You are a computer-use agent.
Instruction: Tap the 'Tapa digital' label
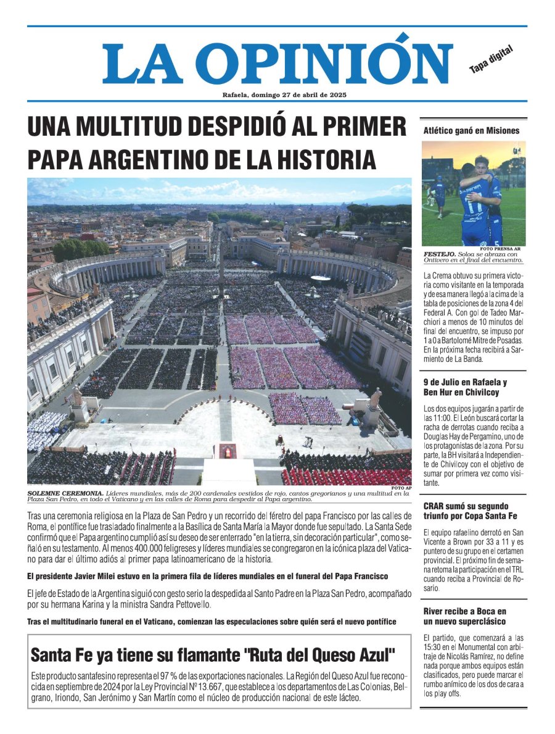click(x=491, y=60)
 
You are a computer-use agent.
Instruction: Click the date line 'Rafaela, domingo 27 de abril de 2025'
click(x=277, y=94)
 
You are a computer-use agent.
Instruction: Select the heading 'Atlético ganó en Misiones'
click(x=471, y=130)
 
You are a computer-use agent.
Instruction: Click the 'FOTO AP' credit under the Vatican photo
click(x=401, y=488)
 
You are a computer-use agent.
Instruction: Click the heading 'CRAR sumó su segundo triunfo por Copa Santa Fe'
click(x=470, y=511)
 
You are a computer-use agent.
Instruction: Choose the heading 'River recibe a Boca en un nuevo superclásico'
click(x=465, y=616)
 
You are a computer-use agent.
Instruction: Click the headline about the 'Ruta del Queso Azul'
click(x=213, y=654)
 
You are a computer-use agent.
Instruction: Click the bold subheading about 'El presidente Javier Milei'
click(x=207, y=576)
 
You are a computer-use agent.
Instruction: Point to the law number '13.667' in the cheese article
click(x=214, y=687)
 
